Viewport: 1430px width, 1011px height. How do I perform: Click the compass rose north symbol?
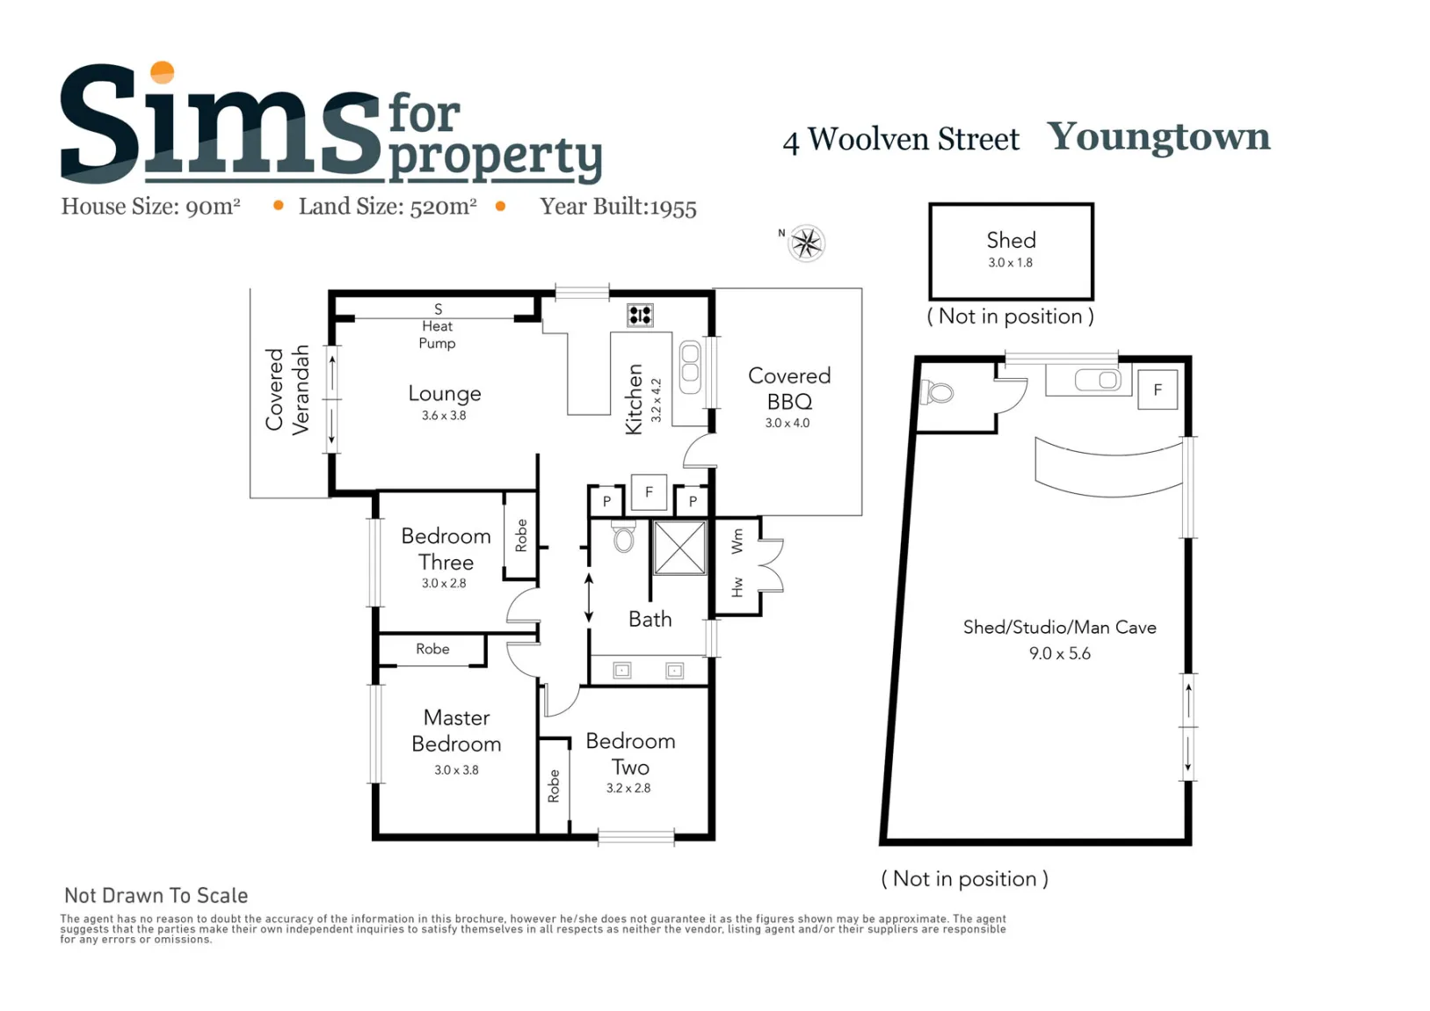click(806, 243)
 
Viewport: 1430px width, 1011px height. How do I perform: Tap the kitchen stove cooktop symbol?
click(640, 315)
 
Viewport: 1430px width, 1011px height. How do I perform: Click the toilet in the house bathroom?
click(624, 536)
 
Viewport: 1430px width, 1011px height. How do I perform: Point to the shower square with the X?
click(680, 548)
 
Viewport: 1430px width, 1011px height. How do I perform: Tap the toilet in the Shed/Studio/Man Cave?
click(937, 393)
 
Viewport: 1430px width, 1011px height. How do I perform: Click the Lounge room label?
click(445, 394)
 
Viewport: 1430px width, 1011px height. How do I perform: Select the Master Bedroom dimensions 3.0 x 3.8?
click(456, 769)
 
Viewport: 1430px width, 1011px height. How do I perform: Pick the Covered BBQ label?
click(789, 389)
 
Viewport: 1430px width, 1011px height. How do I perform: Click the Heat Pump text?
click(438, 335)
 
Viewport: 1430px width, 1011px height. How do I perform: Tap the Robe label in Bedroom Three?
click(521, 535)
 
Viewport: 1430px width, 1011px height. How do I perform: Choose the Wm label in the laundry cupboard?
click(737, 541)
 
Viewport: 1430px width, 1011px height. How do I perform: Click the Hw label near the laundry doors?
click(737, 587)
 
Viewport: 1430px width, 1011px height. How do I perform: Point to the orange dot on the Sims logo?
click(162, 72)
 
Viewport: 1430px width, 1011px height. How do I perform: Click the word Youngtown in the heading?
click(1158, 137)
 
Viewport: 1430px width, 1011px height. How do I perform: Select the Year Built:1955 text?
click(618, 207)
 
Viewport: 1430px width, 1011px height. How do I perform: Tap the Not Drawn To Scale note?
click(156, 896)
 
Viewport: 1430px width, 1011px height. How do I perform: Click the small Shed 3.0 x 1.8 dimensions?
click(1011, 263)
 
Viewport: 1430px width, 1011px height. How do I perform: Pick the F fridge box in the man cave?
click(1158, 389)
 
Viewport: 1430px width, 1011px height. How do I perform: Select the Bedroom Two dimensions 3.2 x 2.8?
click(628, 788)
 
